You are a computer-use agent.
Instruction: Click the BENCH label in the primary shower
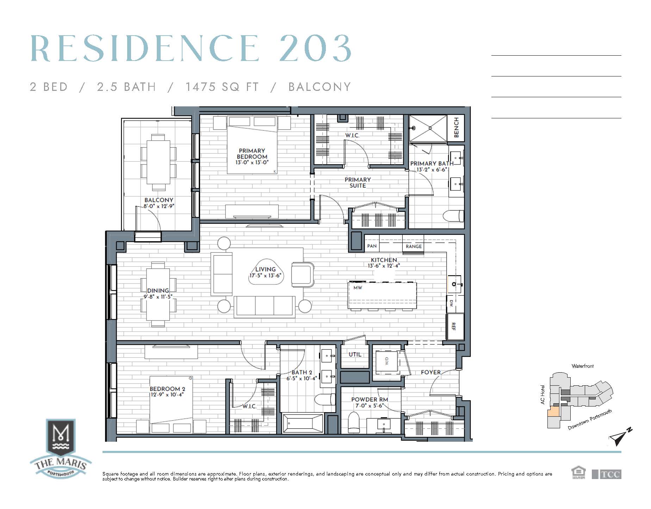coord(456,128)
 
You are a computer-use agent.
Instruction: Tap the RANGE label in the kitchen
coord(414,246)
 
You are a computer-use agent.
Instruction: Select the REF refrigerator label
coord(454,327)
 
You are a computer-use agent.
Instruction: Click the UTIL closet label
coord(355,354)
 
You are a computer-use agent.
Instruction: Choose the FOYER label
coord(431,372)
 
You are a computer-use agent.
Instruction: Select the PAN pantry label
coord(372,246)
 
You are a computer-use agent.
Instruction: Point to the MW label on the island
coord(358,288)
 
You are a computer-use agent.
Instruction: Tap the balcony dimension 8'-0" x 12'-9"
coord(159,206)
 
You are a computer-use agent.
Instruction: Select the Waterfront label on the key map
coord(583,366)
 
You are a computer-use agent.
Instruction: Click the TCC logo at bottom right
coord(607,474)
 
